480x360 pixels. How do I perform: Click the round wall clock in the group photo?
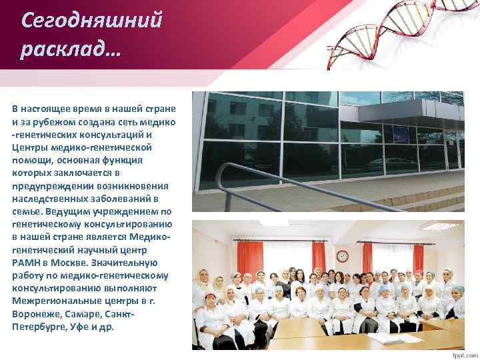click(x=342, y=256)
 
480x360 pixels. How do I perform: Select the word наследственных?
click(x=48, y=199)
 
